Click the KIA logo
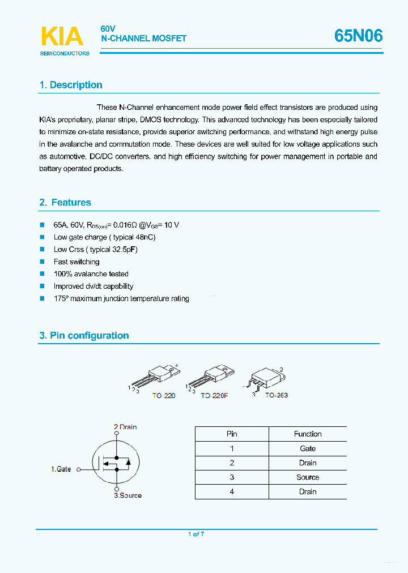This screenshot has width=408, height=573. tap(62, 37)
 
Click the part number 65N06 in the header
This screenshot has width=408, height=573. tap(358, 36)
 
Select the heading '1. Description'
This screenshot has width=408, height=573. tap(71, 85)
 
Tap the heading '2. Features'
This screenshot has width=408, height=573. tap(65, 202)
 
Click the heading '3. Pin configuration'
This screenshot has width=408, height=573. tap(84, 335)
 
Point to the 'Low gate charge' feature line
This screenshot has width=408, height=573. tap(104, 237)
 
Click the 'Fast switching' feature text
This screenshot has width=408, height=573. tap(76, 262)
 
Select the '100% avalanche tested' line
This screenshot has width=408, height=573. tap(91, 274)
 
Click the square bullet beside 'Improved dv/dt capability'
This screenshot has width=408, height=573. tap(42, 286)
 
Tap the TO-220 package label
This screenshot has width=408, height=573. tap(163, 395)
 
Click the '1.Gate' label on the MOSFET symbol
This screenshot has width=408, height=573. tap(61, 469)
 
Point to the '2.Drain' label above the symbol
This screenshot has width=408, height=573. tap(125, 427)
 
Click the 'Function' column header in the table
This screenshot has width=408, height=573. tap(308, 434)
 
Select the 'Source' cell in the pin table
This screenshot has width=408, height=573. tap(308, 477)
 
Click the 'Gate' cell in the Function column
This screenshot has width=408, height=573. tap(308, 448)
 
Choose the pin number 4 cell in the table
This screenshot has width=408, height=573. tap(232, 491)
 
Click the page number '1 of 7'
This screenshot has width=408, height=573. tap(195, 534)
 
